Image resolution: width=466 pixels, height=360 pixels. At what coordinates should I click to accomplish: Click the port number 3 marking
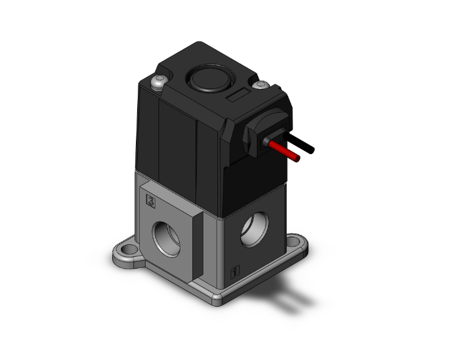point(150,201)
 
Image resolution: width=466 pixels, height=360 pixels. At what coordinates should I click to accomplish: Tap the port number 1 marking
point(234,272)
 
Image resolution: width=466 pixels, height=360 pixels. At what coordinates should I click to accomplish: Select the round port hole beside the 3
point(170,235)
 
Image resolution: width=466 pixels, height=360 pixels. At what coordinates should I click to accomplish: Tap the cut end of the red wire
point(298,158)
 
